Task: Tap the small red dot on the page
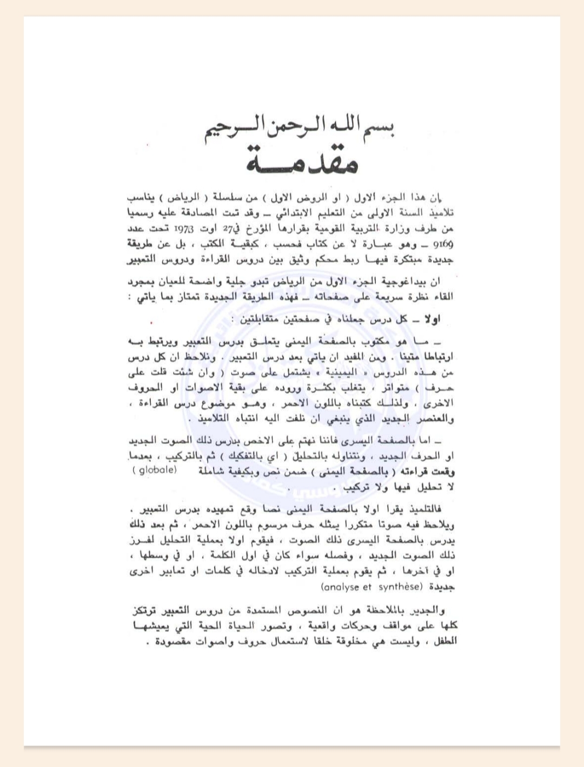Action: (x=151, y=323)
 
